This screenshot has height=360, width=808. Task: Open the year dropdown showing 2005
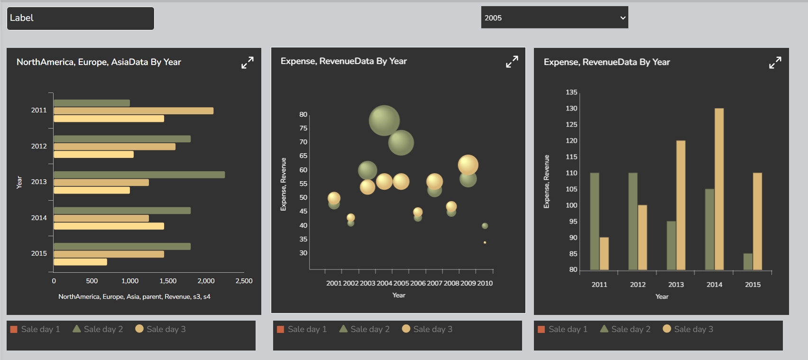pyautogui.click(x=554, y=18)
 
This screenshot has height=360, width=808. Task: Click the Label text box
pyautogui.click(x=81, y=18)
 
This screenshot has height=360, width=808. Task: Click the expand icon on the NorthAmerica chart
pyautogui.click(x=247, y=63)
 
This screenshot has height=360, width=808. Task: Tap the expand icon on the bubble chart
pyautogui.click(x=512, y=62)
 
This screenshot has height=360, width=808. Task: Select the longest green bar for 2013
pyautogui.click(x=139, y=175)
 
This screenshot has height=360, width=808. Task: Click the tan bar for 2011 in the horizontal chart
pyautogui.click(x=133, y=111)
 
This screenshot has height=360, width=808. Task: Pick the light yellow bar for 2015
pyautogui.click(x=80, y=262)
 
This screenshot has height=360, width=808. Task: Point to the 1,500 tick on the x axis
pyautogui.click(x=168, y=281)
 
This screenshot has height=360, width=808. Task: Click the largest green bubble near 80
pyautogui.click(x=384, y=120)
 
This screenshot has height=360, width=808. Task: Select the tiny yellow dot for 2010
pyautogui.click(x=485, y=242)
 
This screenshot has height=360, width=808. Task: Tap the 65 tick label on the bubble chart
pyautogui.click(x=303, y=156)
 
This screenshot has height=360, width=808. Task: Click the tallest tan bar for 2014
pyautogui.click(x=719, y=189)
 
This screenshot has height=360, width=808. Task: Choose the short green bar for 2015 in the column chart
pyautogui.click(x=748, y=261)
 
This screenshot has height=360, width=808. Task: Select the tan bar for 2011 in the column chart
pyautogui.click(x=604, y=253)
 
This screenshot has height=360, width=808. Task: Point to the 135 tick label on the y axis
pyautogui.click(x=571, y=92)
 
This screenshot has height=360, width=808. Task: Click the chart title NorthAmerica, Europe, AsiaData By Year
pyautogui.click(x=99, y=62)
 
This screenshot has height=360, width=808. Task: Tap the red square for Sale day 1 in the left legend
pyautogui.click(x=14, y=329)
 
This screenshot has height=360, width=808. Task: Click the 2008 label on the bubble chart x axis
pyautogui.click(x=451, y=283)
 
